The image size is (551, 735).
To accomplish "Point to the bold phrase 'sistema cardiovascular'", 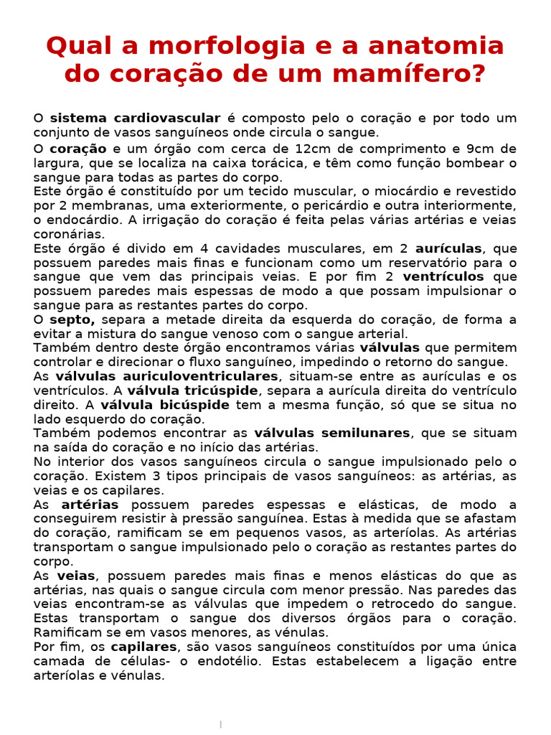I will [x=135, y=118].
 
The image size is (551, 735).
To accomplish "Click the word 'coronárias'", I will [x=69, y=234].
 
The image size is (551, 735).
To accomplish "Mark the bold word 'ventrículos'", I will [x=443, y=276].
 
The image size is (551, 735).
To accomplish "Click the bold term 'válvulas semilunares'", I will [x=332, y=434].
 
